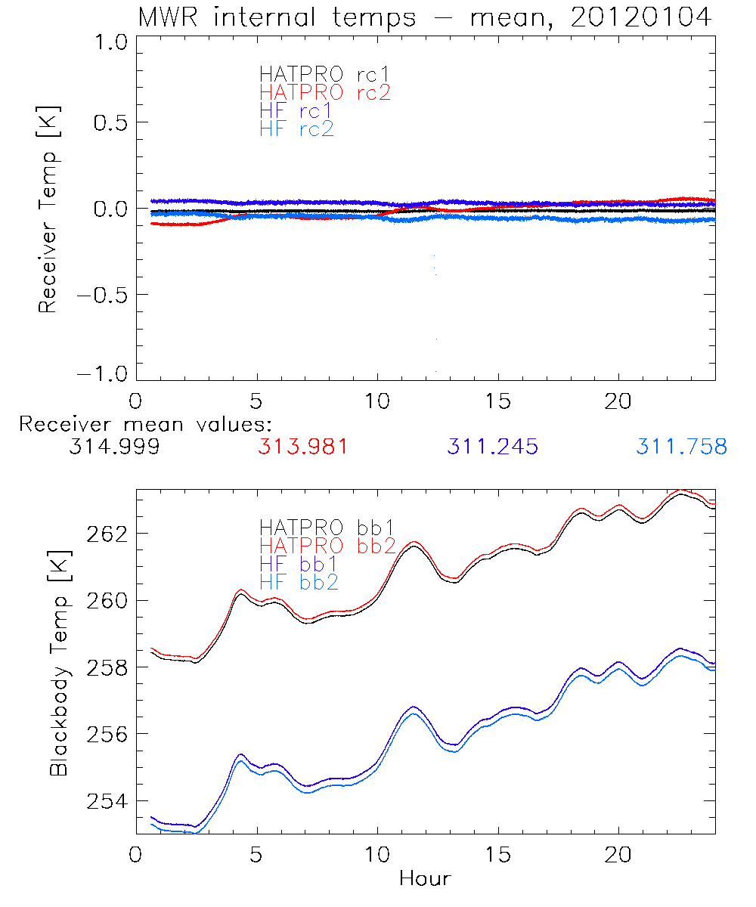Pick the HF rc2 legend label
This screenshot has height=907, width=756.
(296, 129)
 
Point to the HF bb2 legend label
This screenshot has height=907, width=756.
(298, 582)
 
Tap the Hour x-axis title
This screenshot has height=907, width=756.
(424, 879)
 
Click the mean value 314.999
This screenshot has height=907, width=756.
(113, 447)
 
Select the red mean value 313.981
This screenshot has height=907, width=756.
(302, 447)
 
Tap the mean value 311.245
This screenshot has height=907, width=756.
(492, 447)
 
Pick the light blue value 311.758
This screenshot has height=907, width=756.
(681, 447)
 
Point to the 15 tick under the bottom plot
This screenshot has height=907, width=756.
(497, 856)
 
